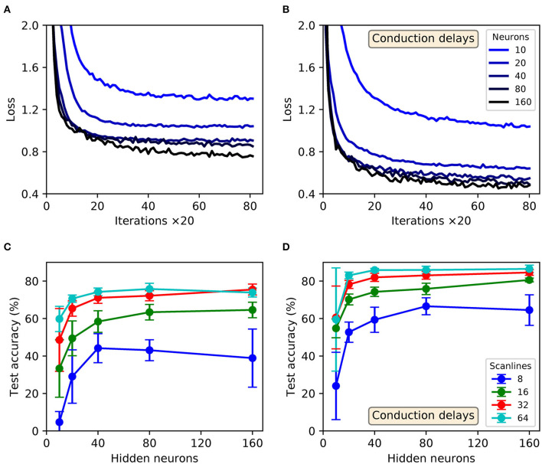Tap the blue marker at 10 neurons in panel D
point(336,386)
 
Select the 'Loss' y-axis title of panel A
point(10,109)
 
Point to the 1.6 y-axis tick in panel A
point(28,67)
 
